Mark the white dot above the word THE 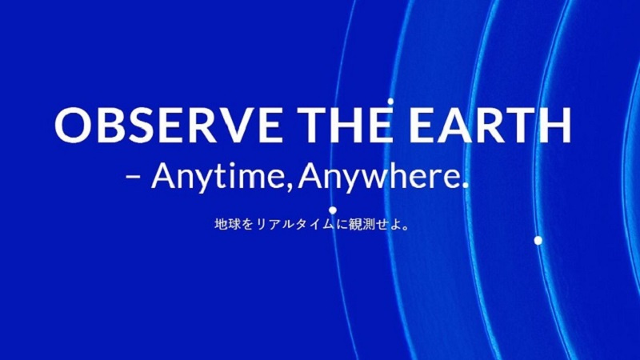390,102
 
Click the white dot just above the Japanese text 333,210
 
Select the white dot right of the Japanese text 538,241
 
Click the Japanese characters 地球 227,225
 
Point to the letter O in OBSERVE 73,125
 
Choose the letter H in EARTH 555,125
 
